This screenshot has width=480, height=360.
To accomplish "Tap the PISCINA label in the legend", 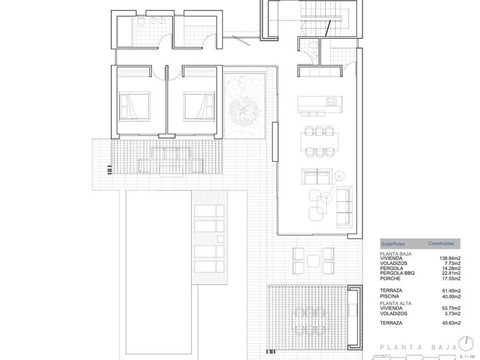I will pyautogui.click(x=389, y=296).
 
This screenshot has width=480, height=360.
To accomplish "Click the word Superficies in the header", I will pyautogui.click(x=392, y=243).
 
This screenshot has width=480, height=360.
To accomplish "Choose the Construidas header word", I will pyautogui.click(x=441, y=242).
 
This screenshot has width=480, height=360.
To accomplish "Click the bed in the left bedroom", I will pyautogui.click(x=135, y=107).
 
